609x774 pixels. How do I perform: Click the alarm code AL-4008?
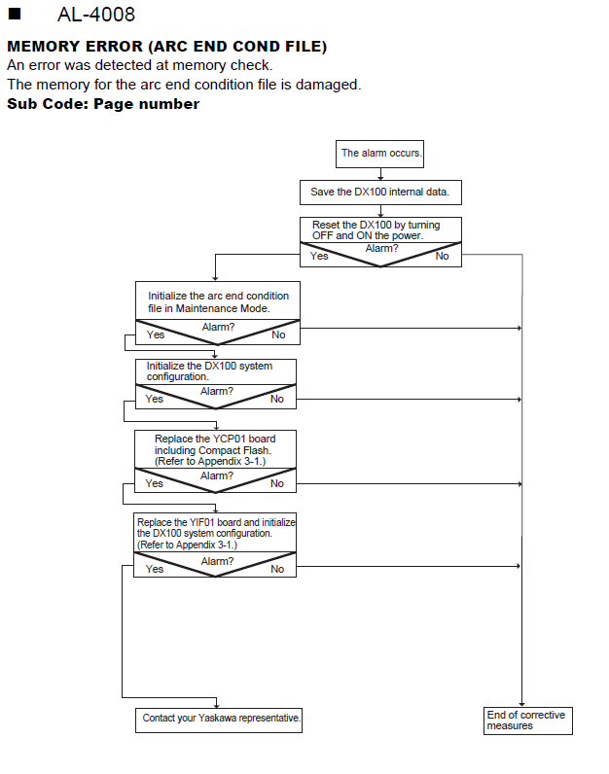(x=95, y=15)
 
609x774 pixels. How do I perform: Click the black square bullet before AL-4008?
(x=15, y=14)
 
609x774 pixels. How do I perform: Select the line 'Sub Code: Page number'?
(x=103, y=104)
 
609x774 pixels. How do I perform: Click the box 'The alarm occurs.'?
(x=379, y=154)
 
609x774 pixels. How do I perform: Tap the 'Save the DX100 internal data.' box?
(x=380, y=192)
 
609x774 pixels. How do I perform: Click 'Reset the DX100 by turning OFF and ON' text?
(x=376, y=230)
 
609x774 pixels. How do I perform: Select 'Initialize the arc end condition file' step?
(x=218, y=302)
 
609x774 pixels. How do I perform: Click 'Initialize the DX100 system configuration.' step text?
(x=209, y=371)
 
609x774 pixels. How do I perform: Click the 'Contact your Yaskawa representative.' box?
(x=219, y=721)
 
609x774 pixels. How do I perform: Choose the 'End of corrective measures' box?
(x=528, y=721)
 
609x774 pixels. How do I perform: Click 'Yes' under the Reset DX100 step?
(x=319, y=256)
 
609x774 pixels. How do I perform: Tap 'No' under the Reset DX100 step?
(x=442, y=256)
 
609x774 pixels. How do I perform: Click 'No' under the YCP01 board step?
(x=277, y=483)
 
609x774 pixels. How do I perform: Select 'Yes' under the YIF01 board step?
(x=155, y=569)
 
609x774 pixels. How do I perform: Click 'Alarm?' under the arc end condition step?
(x=218, y=327)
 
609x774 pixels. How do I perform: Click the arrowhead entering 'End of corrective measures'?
(x=522, y=704)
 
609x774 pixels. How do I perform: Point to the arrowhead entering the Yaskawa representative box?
(x=216, y=705)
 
